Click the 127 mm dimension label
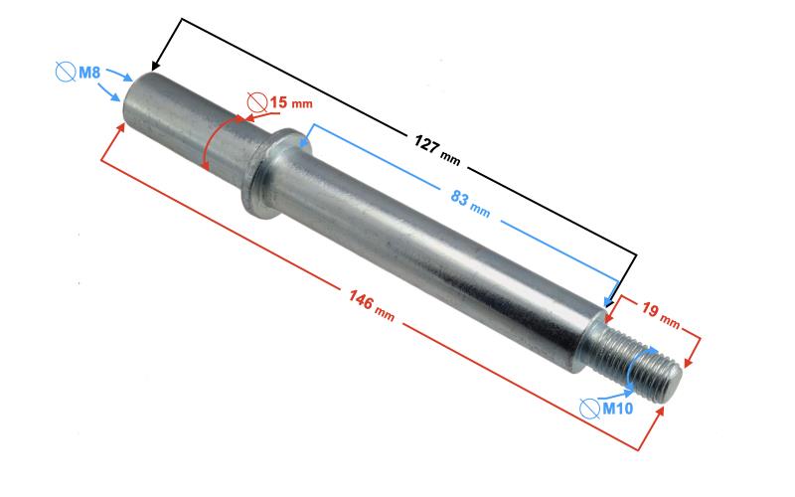[x=437, y=150]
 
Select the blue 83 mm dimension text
[x=470, y=203]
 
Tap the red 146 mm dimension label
[x=371, y=305]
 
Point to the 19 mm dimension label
[x=660, y=314]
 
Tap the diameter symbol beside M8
[x=66, y=72]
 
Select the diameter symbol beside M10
[x=589, y=409]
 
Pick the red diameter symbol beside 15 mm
[x=257, y=103]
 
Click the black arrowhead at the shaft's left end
[x=156, y=65]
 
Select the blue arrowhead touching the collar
[x=304, y=143]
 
